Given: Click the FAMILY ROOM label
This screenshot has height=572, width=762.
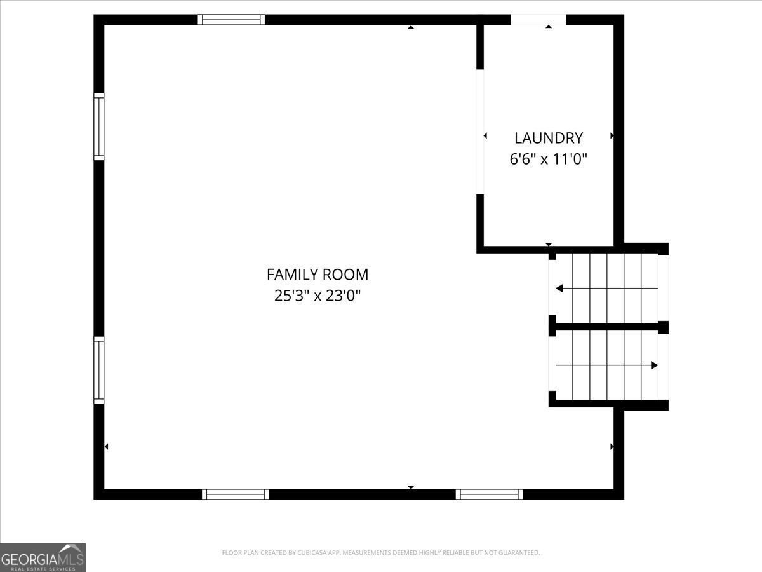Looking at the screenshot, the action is point(317,275).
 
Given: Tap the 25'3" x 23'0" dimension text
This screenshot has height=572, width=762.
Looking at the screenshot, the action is point(317,296).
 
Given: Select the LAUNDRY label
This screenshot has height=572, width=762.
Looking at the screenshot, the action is point(549,138).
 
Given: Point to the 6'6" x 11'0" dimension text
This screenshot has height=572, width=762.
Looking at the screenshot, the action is point(548,160).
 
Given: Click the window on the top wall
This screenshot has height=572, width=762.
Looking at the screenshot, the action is point(231,20).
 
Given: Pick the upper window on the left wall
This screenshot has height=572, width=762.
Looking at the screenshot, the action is point(99,126).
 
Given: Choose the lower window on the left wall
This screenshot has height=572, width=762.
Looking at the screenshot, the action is point(99,371).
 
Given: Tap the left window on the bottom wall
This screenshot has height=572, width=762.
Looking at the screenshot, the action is point(236,494).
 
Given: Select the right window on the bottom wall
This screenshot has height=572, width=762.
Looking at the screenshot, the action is point(489,494).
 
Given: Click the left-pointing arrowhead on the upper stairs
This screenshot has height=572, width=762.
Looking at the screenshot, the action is point(559,289).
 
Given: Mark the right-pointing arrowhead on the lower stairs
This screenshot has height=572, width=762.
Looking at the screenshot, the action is point(655,365).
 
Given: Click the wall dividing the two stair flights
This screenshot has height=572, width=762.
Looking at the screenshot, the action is point(608,327).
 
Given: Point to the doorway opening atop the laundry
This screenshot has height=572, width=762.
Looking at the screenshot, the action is point(538,20).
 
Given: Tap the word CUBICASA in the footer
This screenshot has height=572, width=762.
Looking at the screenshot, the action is point(310,552).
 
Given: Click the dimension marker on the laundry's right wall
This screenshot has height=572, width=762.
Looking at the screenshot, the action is point(612,136).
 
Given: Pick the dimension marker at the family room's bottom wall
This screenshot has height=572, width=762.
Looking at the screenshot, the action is point(411,487).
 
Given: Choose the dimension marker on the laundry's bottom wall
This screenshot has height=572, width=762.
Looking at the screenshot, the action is point(549,245).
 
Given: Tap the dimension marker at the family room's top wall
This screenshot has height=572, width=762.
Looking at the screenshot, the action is point(411,27).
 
